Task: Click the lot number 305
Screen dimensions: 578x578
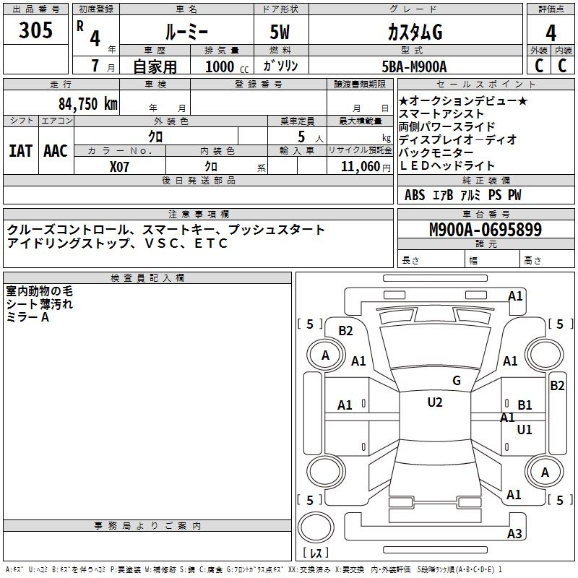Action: click(x=35, y=30)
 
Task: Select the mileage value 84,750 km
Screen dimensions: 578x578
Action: click(x=88, y=104)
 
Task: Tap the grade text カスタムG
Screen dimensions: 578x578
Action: click(x=415, y=33)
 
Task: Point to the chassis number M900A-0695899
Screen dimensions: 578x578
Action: click(x=486, y=230)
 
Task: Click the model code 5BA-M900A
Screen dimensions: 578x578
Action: click(x=414, y=66)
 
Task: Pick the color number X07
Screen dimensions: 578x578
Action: click(x=119, y=167)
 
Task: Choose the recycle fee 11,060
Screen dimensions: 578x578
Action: click(x=360, y=167)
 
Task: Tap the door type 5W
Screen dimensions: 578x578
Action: click(x=280, y=32)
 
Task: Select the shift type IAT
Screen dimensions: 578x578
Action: click(x=21, y=151)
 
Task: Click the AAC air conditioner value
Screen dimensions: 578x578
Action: click(x=56, y=151)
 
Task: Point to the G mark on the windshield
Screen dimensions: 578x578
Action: click(x=457, y=381)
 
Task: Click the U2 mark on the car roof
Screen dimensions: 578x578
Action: click(x=435, y=402)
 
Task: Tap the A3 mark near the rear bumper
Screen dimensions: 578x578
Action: click(x=514, y=533)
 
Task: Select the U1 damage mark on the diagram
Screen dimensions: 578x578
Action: click(x=525, y=429)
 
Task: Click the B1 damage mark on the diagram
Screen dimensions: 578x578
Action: click(x=525, y=405)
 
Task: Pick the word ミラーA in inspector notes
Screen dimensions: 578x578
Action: click(x=27, y=317)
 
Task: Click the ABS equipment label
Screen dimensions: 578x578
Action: click(x=415, y=195)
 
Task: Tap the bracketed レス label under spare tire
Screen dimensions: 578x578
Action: click(x=316, y=553)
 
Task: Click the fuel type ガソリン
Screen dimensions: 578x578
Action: click(x=280, y=66)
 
